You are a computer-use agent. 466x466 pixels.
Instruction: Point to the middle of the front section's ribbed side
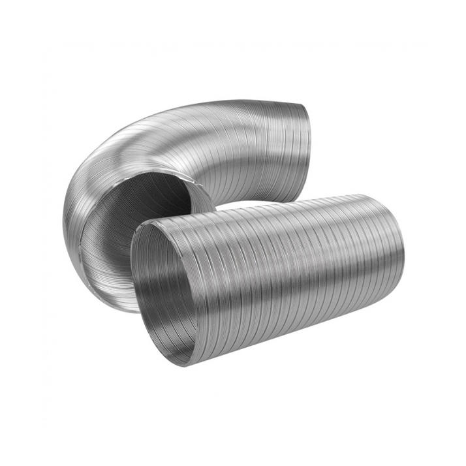tap(281, 274)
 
